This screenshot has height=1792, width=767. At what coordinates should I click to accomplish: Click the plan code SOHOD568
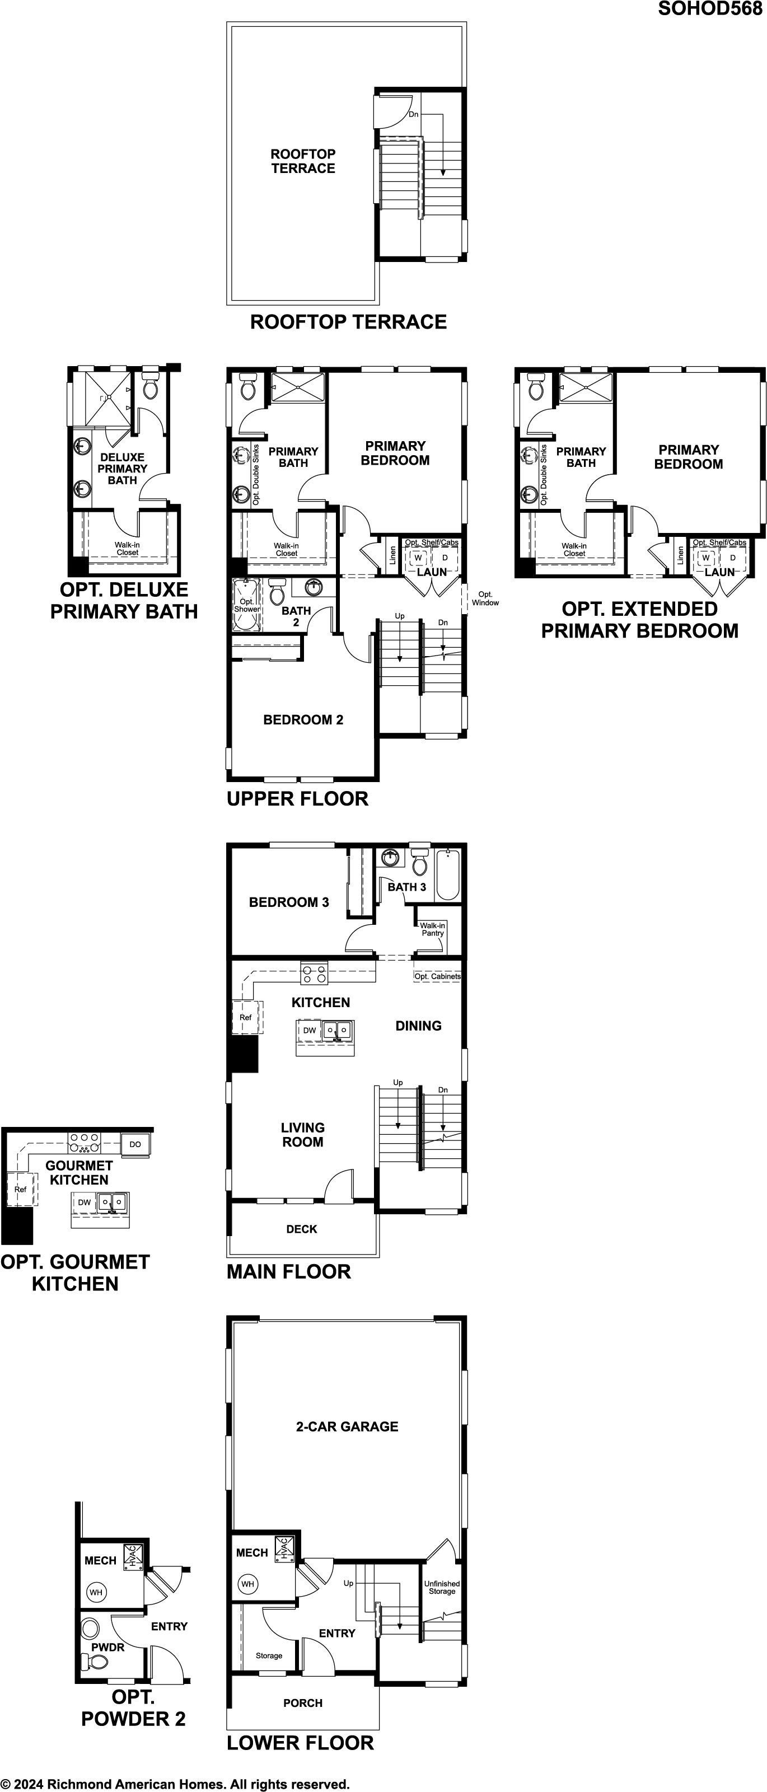pyautogui.click(x=710, y=9)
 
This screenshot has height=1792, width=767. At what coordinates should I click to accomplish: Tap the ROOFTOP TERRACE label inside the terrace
pyautogui.click(x=303, y=161)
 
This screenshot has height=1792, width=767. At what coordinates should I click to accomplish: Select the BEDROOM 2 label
pyautogui.click(x=303, y=719)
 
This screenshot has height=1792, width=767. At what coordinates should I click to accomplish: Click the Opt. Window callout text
pyautogui.click(x=485, y=598)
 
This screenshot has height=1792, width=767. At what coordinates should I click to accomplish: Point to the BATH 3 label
pyautogui.click(x=407, y=887)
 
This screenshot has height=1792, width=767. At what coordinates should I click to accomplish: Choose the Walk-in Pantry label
pyautogui.click(x=433, y=929)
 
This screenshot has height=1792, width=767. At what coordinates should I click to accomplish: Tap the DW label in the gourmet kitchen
pyautogui.click(x=84, y=1202)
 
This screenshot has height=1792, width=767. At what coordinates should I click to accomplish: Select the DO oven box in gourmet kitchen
pyautogui.click(x=135, y=1144)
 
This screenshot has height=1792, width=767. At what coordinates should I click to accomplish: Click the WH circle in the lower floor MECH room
pyautogui.click(x=247, y=1584)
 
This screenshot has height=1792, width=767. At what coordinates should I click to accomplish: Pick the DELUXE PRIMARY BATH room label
pyautogui.click(x=123, y=468)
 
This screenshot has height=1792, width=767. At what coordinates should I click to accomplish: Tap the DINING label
pyautogui.click(x=419, y=1026)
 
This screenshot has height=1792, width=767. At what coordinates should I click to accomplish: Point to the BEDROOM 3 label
pyautogui.click(x=289, y=902)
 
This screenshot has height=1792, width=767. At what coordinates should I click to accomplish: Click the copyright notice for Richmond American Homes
pyautogui.click(x=175, y=1784)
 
